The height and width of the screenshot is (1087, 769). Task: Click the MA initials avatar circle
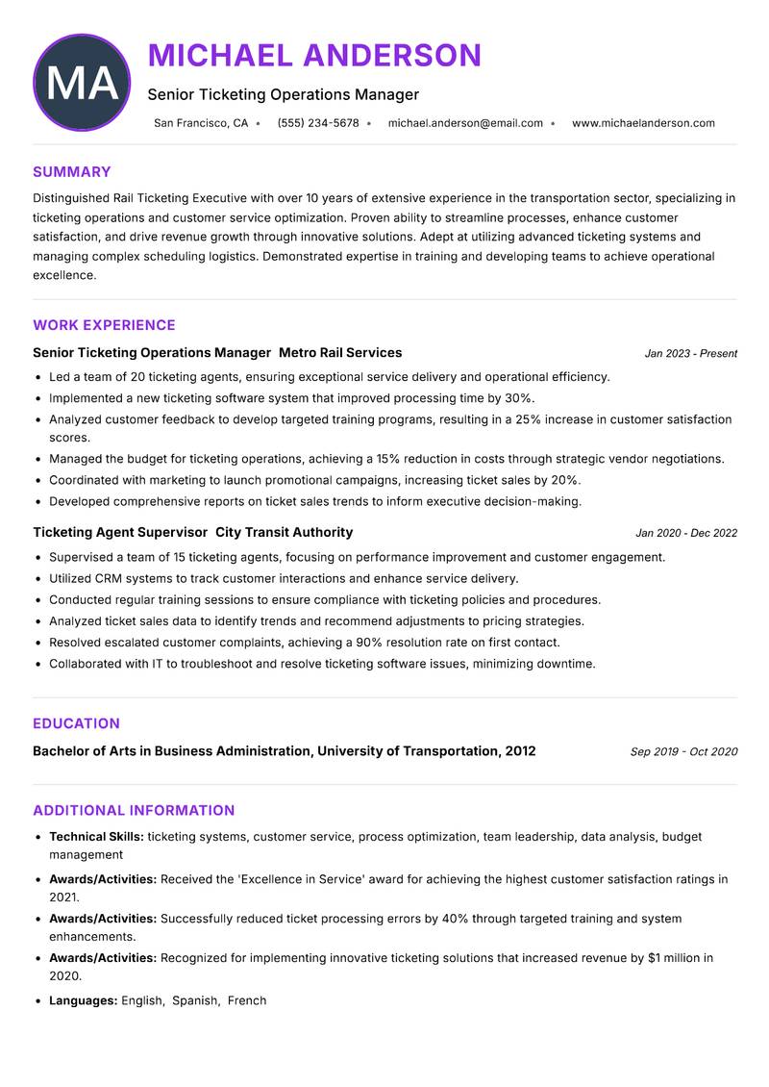tap(82, 83)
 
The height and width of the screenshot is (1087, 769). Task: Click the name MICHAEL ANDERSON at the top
tap(314, 55)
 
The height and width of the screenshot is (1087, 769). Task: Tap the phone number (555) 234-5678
tap(317, 123)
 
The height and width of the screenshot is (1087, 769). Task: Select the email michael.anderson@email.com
tap(465, 123)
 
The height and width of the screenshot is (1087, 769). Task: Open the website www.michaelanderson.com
tap(643, 123)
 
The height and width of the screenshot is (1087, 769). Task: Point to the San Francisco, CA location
tap(201, 123)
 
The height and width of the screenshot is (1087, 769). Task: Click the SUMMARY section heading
tap(72, 172)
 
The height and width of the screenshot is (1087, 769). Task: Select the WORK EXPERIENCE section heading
tap(104, 325)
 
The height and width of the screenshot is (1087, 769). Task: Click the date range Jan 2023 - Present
tap(690, 354)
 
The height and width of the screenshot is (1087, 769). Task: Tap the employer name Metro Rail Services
tap(340, 353)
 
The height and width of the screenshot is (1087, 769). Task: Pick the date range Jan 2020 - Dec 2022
tap(686, 533)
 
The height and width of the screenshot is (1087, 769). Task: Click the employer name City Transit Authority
tap(284, 532)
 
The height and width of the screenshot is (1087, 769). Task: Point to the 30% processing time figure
tap(519, 398)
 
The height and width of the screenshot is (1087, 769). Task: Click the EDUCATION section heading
tap(76, 723)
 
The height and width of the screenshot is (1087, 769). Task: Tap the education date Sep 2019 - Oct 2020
tap(683, 752)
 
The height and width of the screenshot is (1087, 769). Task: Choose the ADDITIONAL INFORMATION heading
tap(134, 810)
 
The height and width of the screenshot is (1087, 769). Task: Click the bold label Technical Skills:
tap(96, 837)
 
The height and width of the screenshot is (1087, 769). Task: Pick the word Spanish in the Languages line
tap(195, 1000)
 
